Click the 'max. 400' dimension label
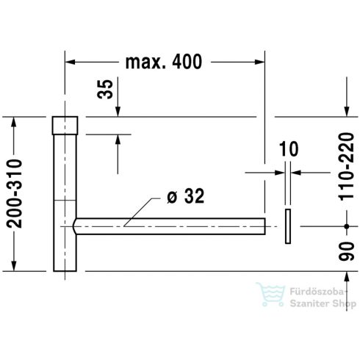(164, 62)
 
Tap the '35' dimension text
(105, 89)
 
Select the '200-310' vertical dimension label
(14, 194)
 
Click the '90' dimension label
(346, 251)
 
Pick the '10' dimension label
(289, 148)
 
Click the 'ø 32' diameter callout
(185, 196)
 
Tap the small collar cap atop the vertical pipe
(65, 126)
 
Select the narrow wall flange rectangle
(288, 226)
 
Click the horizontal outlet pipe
(170, 226)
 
